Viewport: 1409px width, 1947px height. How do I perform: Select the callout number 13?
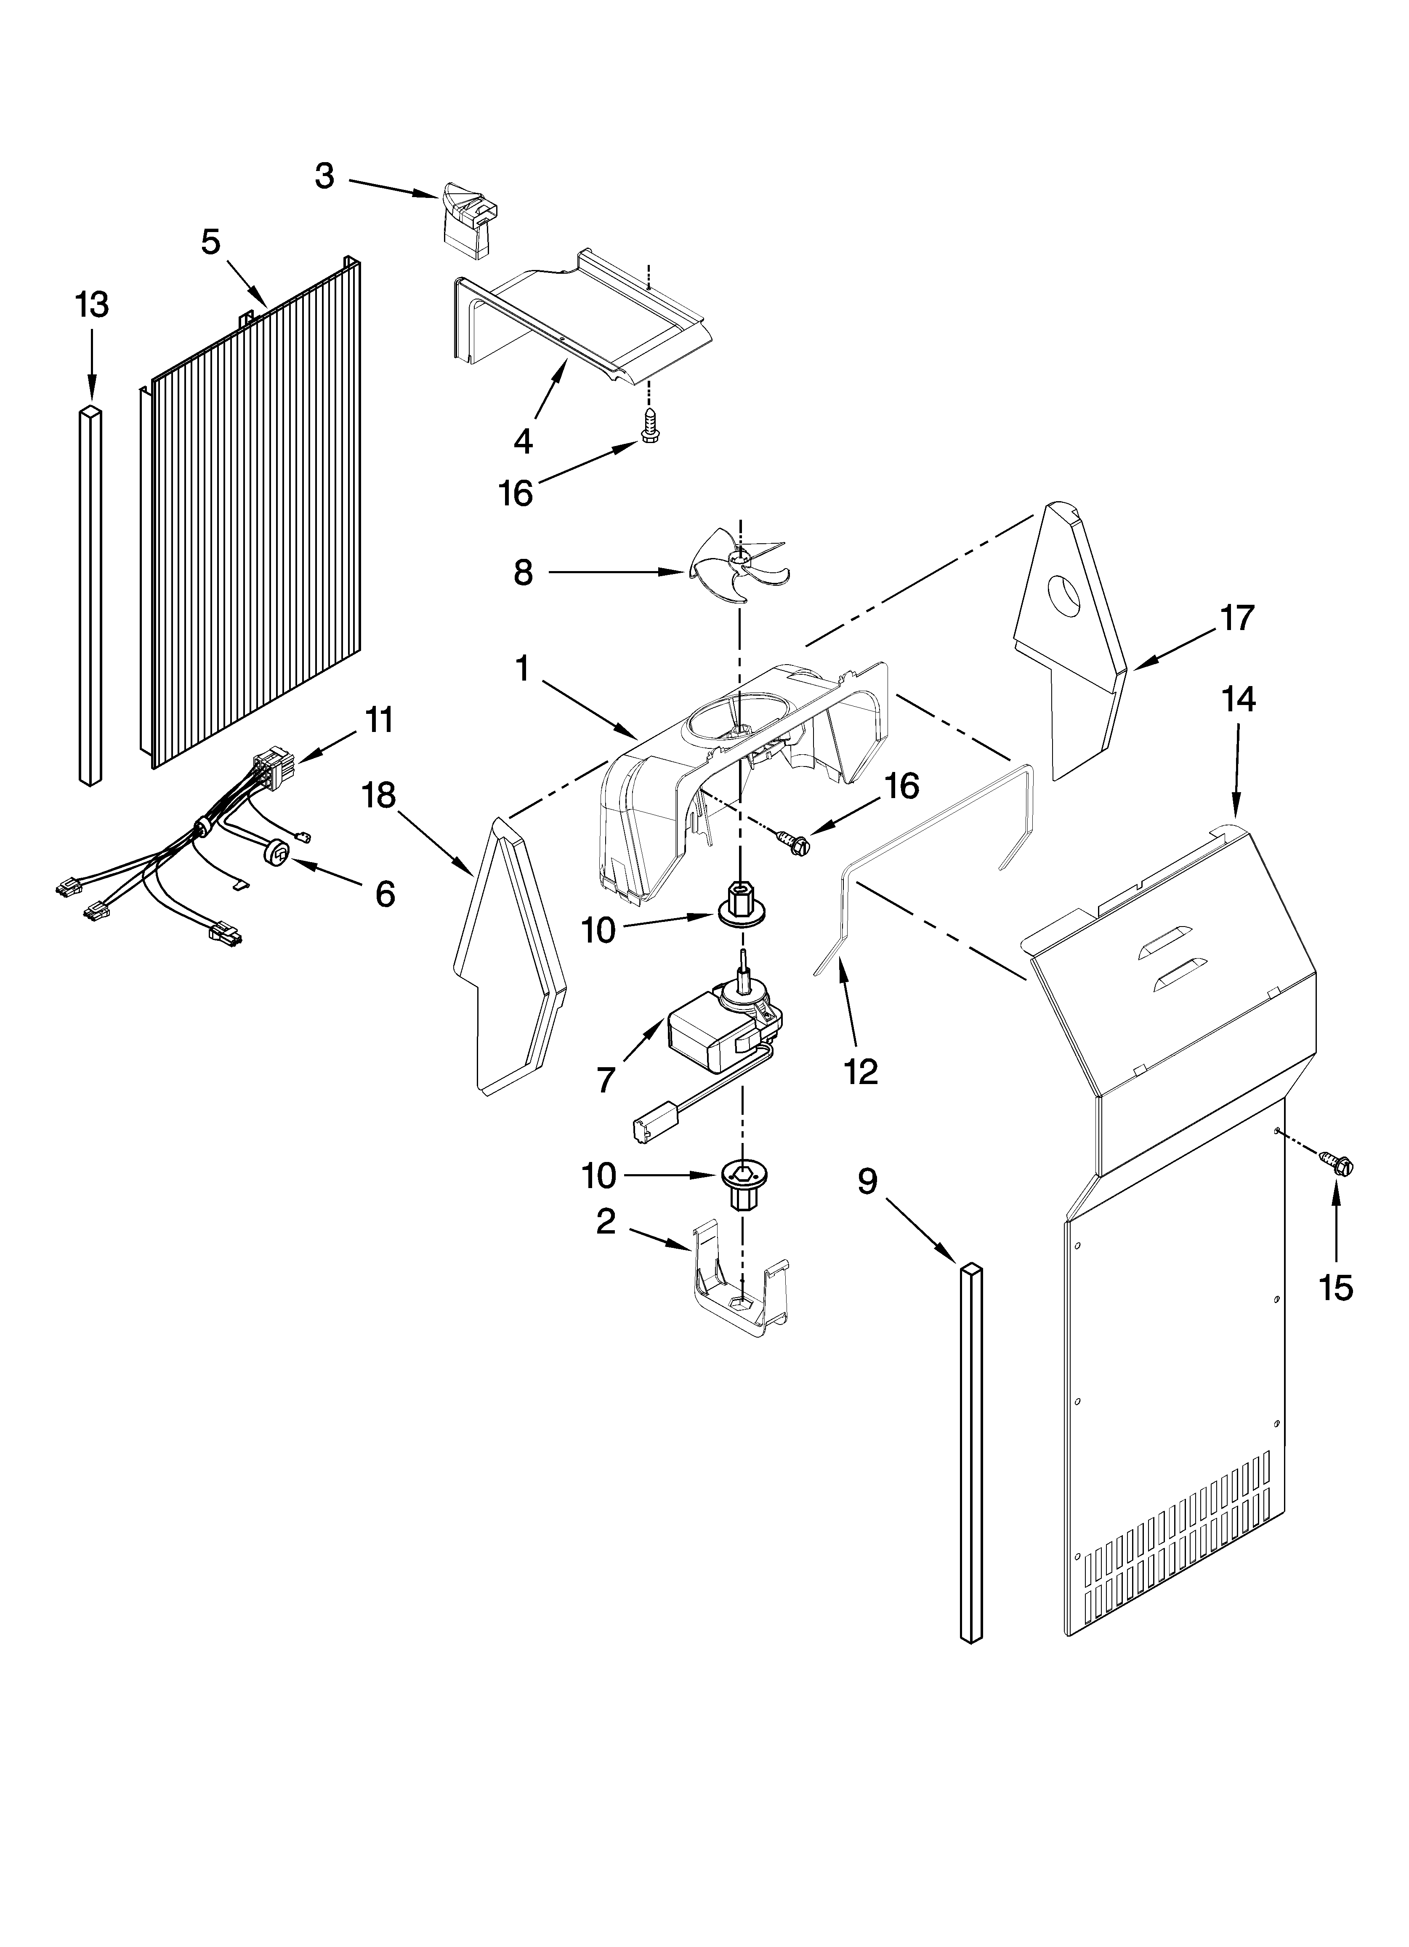pyautogui.click(x=92, y=305)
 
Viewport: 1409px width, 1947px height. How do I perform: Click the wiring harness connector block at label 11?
pyautogui.click(x=273, y=761)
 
